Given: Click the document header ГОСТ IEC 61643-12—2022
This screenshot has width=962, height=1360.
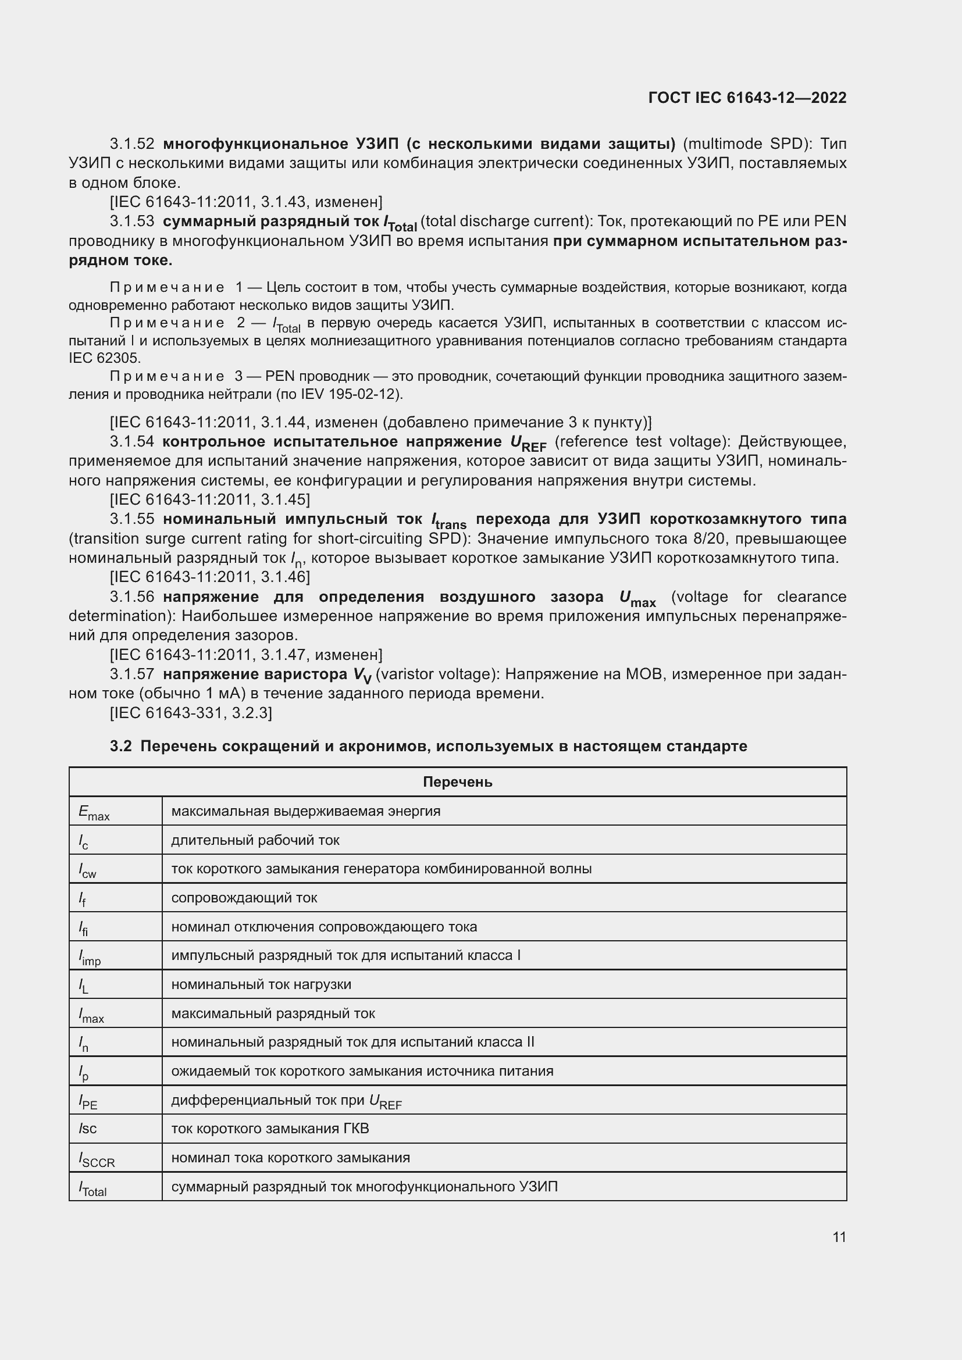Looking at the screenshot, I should [x=747, y=98].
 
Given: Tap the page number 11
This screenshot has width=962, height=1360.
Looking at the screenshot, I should [x=839, y=1237].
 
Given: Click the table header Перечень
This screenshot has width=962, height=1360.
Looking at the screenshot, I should [x=457, y=782].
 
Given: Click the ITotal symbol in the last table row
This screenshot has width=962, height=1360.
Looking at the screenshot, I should [x=93, y=1188].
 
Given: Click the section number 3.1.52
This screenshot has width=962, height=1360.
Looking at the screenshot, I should [x=132, y=144].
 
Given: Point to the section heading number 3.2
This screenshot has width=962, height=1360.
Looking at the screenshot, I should [x=120, y=747].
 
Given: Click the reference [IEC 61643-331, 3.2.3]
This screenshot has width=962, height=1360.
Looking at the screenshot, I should [x=191, y=713].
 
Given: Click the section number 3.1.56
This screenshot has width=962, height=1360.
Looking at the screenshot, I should [x=132, y=597].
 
